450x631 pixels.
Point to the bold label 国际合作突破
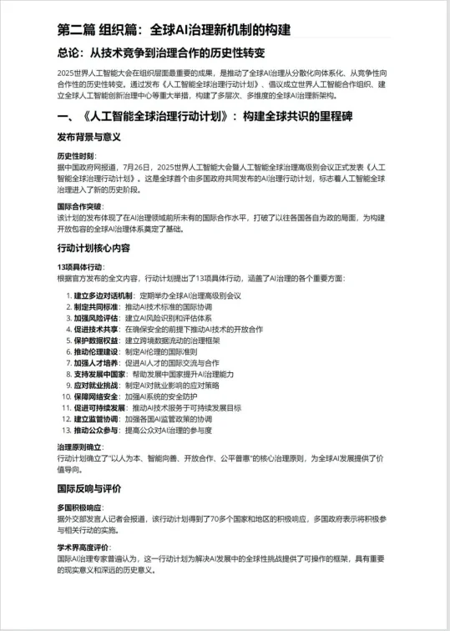click(x=79, y=205)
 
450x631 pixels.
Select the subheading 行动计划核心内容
click(x=94, y=248)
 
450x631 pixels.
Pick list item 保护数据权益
click(x=97, y=341)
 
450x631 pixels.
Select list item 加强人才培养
click(x=97, y=363)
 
